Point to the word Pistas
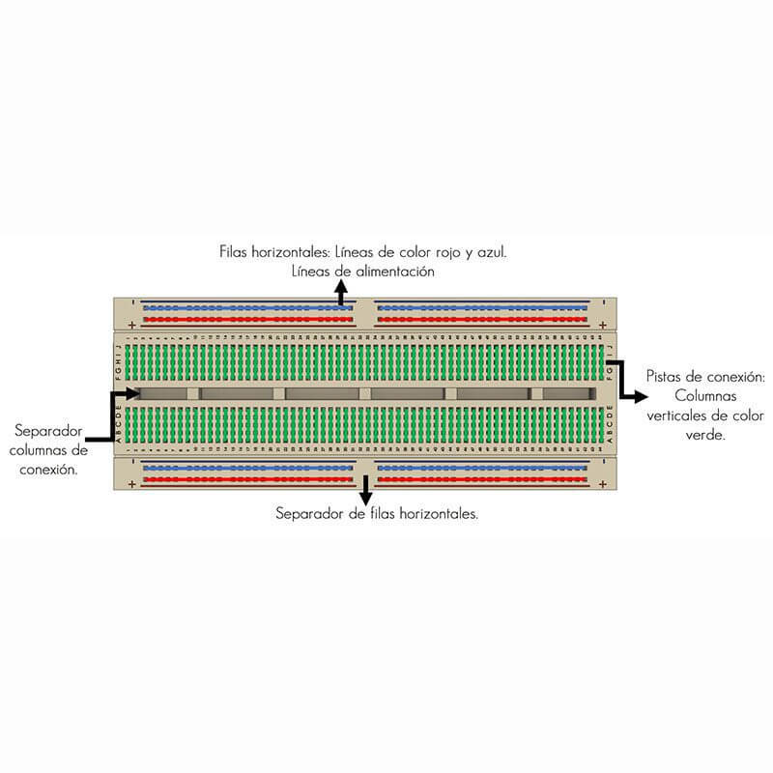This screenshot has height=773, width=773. coord(664,376)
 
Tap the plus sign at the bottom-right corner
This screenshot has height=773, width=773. coord(602,484)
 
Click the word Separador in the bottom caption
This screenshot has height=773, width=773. coord(306,513)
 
